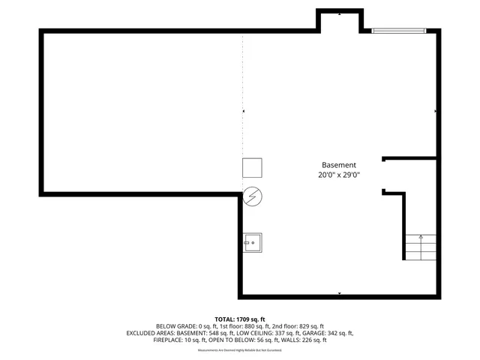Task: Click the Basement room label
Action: (x=339, y=165)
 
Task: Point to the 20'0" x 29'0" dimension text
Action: (x=339, y=175)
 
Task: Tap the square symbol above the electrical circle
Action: (x=252, y=168)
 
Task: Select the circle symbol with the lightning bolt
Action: (x=253, y=196)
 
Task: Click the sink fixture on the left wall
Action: (x=253, y=241)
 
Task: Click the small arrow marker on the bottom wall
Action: (x=340, y=292)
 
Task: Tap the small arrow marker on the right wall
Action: (x=435, y=111)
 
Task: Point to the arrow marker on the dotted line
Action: (x=243, y=111)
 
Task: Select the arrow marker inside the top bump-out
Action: (x=340, y=14)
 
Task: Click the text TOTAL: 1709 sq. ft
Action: (x=240, y=319)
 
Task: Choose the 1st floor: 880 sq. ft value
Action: (x=236, y=326)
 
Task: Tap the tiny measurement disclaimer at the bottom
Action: (x=239, y=350)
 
